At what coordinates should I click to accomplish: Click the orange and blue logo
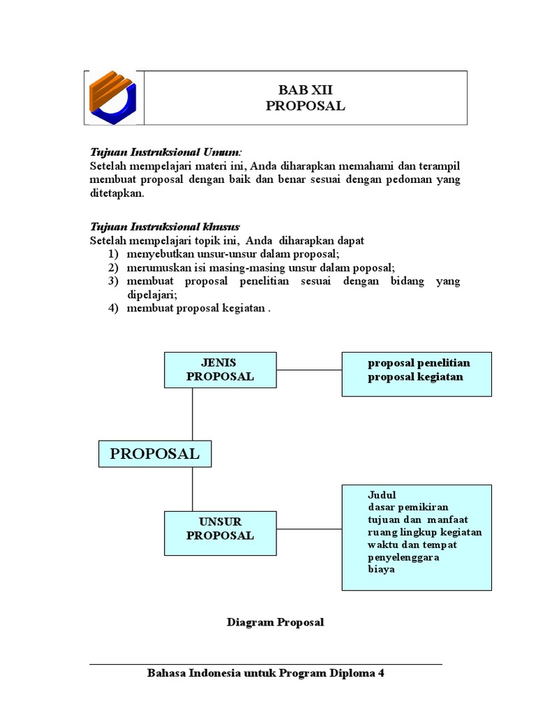[113, 97]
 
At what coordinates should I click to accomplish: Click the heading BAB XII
[305, 90]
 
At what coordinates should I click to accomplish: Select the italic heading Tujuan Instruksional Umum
[165, 152]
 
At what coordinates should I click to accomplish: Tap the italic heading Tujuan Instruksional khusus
[165, 226]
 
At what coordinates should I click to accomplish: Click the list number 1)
[113, 253]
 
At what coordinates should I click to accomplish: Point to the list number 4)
[113, 309]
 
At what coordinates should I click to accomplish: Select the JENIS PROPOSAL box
[219, 369]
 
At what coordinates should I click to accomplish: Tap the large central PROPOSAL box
[154, 453]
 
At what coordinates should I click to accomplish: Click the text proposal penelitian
[419, 363]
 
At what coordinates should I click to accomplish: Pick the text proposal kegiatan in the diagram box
[415, 377]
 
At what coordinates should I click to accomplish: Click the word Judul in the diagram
[381, 495]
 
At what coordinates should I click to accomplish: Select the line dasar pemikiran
[408, 507]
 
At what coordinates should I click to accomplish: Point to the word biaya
[381, 569]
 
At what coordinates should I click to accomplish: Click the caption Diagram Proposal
[275, 622]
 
